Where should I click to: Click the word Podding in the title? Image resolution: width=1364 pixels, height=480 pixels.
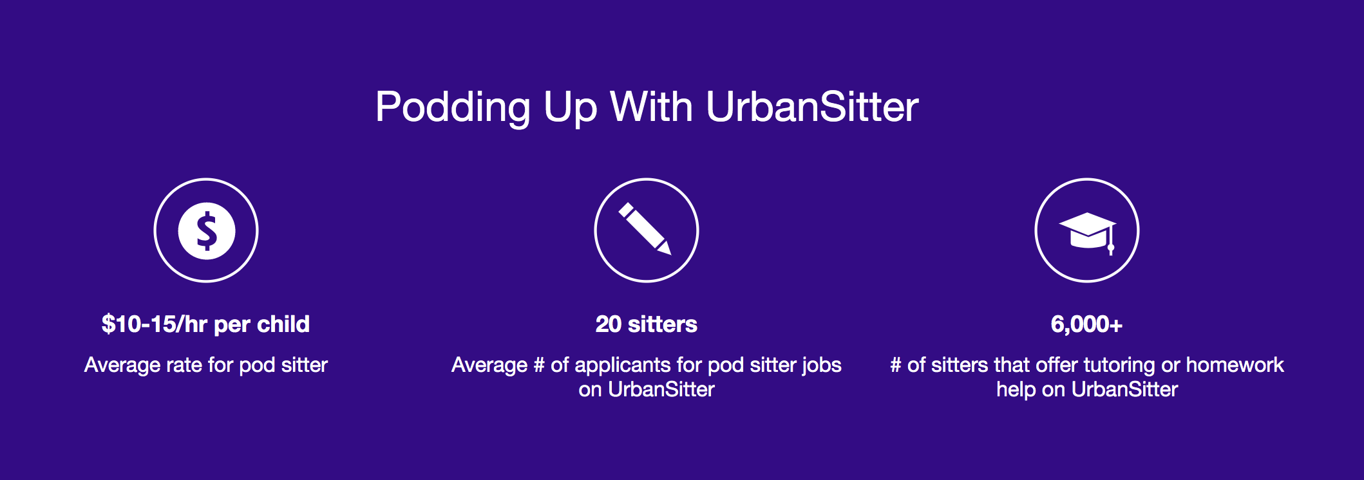[453, 107]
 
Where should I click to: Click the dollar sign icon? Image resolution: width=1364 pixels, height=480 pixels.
[206, 230]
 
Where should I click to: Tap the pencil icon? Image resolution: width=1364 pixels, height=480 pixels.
[645, 229]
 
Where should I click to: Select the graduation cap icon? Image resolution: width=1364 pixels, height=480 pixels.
[1087, 232]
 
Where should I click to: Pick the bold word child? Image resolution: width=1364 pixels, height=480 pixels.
[283, 324]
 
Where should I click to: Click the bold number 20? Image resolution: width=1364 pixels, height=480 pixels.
[609, 324]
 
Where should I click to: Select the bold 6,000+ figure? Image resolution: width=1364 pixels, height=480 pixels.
[1087, 324]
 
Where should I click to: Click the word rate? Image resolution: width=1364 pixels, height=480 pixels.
[184, 365]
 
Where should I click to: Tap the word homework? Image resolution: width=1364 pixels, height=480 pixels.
[1235, 365]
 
